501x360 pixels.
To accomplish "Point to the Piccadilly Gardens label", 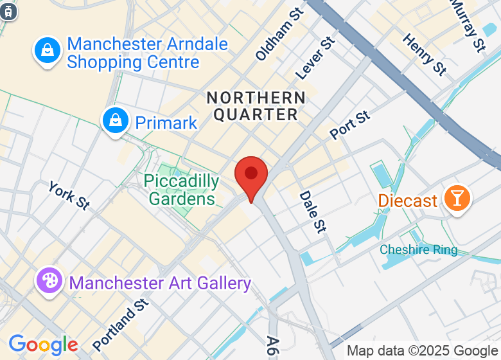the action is tap(181, 190).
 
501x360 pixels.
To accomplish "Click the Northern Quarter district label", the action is tap(256, 106).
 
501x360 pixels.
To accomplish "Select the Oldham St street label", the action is tap(279, 35).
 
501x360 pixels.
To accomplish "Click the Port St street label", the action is tap(350, 125).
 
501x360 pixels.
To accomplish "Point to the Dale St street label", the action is tap(312, 212).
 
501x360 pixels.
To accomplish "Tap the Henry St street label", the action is tap(425, 55).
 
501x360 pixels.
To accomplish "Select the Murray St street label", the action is tap(467, 25).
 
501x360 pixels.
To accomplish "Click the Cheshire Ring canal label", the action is tap(418, 249).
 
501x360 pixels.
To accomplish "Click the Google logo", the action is tap(43, 345).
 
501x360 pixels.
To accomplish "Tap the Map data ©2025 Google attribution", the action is tap(422, 351).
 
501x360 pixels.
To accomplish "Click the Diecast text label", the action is tap(407, 201).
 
